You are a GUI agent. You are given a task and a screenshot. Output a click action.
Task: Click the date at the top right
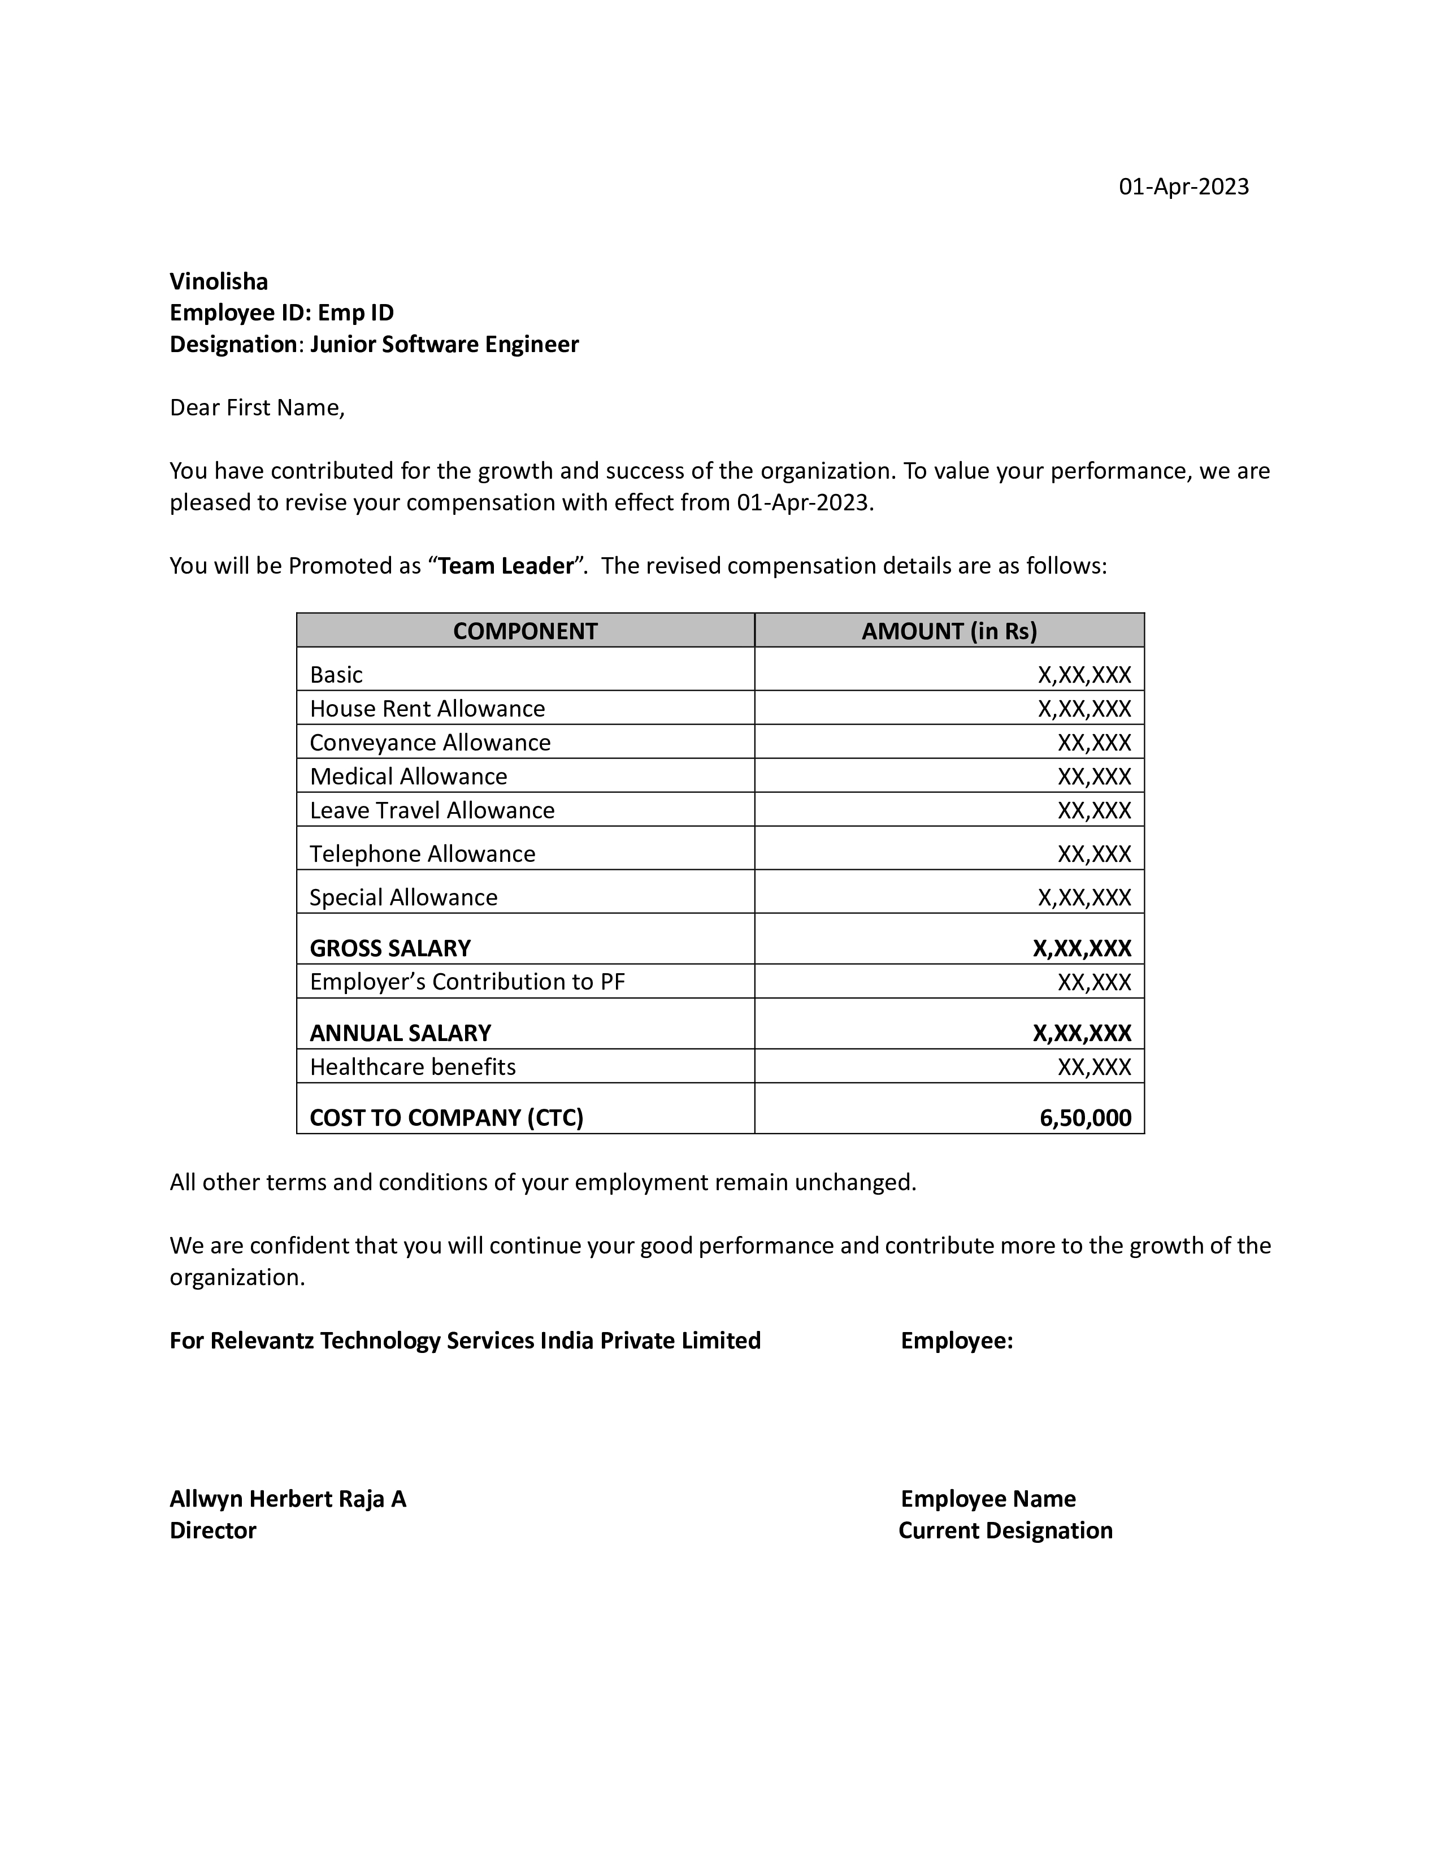(1183, 187)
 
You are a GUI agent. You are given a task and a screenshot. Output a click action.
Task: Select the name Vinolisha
(219, 282)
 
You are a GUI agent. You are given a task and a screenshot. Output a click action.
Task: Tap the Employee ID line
(282, 313)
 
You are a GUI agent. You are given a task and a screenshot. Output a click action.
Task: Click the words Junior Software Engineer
(444, 344)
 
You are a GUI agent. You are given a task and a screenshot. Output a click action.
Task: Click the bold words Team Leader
(505, 566)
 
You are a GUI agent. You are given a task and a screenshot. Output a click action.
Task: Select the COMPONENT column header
(525, 631)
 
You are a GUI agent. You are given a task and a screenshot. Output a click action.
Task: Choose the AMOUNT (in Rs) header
(949, 631)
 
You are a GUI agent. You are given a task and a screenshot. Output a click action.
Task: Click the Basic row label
(336, 675)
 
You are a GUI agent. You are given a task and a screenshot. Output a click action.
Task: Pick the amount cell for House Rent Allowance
(1084, 709)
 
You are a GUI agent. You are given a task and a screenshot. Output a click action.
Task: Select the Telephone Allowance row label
(423, 854)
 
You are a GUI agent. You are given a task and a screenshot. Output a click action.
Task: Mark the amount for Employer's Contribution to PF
(1095, 982)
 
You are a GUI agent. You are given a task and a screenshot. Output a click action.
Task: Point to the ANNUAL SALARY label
(401, 1033)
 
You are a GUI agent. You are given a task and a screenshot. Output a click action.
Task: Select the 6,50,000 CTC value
(1085, 1118)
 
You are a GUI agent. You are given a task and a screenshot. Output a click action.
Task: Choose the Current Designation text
(1006, 1530)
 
